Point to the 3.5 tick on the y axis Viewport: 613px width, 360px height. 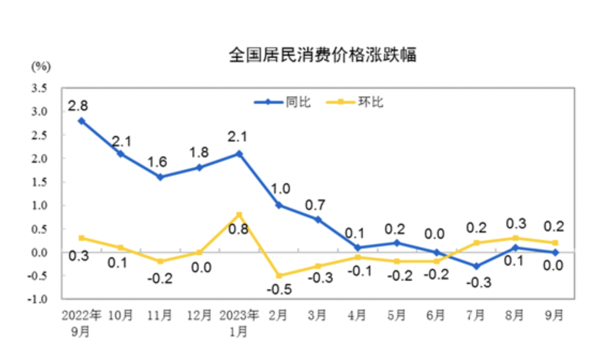click(x=41, y=88)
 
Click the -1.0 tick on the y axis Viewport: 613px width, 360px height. click(x=39, y=299)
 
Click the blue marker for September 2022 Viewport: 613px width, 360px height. click(x=81, y=121)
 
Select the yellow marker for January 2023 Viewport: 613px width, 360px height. click(x=239, y=215)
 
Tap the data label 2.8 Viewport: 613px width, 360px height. click(x=79, y=106)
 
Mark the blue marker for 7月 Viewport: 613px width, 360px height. click(x=476, y=266)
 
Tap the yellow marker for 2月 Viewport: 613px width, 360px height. click(x=279, y=275)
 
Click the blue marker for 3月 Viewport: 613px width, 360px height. click(x=318, y=220)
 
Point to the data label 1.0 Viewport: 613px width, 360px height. click(x=279, y=189)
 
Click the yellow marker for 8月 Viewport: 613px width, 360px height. click(x=515, y=238)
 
